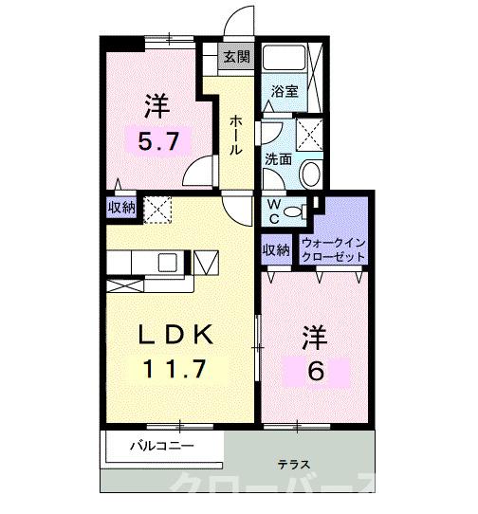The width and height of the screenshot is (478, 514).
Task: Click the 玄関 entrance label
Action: [236, 57]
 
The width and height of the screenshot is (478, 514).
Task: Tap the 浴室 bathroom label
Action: [285, 92]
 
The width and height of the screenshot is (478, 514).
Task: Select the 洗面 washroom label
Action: [277, 158]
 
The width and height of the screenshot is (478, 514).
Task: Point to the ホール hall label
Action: [233, 137]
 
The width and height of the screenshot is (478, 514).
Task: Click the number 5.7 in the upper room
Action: [156, 142]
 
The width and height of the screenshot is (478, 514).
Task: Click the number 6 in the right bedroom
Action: [315, 371]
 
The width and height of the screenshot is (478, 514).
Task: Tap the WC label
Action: [271, 209]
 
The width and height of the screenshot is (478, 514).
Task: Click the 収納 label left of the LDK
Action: [120, 207]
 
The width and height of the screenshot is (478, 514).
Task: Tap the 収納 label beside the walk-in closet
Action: [276, 249]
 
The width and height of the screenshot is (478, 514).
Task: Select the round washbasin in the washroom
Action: [310, 174]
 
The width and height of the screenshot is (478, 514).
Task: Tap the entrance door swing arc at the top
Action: [239, 21]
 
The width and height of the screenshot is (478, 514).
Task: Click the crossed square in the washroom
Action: [309, 133]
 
